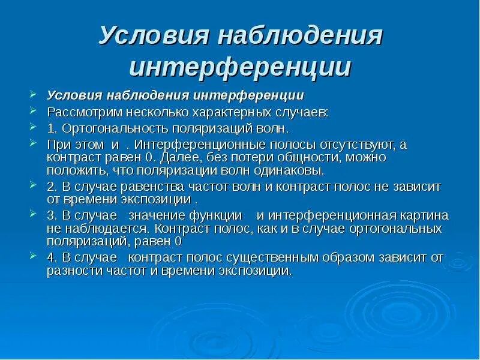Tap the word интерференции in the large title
[x=240, y=67]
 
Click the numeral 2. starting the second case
[x=52, y=187]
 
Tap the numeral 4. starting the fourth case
[x=52, y=258]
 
